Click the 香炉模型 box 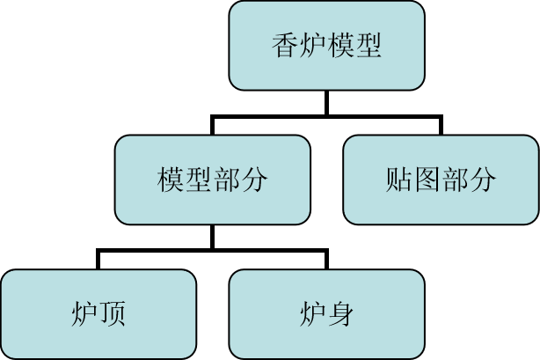click(326, 46)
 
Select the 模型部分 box click(212, 180)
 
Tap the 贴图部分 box click(441, 180)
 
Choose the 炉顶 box click(98, 313)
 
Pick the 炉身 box click(326, 313)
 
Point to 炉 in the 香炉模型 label click(313, 46)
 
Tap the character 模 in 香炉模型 click(340, 46)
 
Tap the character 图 click(427, 180)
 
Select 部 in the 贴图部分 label click(455, 180)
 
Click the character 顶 click(112, 313)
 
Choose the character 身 click(340, 313)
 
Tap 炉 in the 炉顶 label click(84, 313)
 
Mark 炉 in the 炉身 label click(313, 313)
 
